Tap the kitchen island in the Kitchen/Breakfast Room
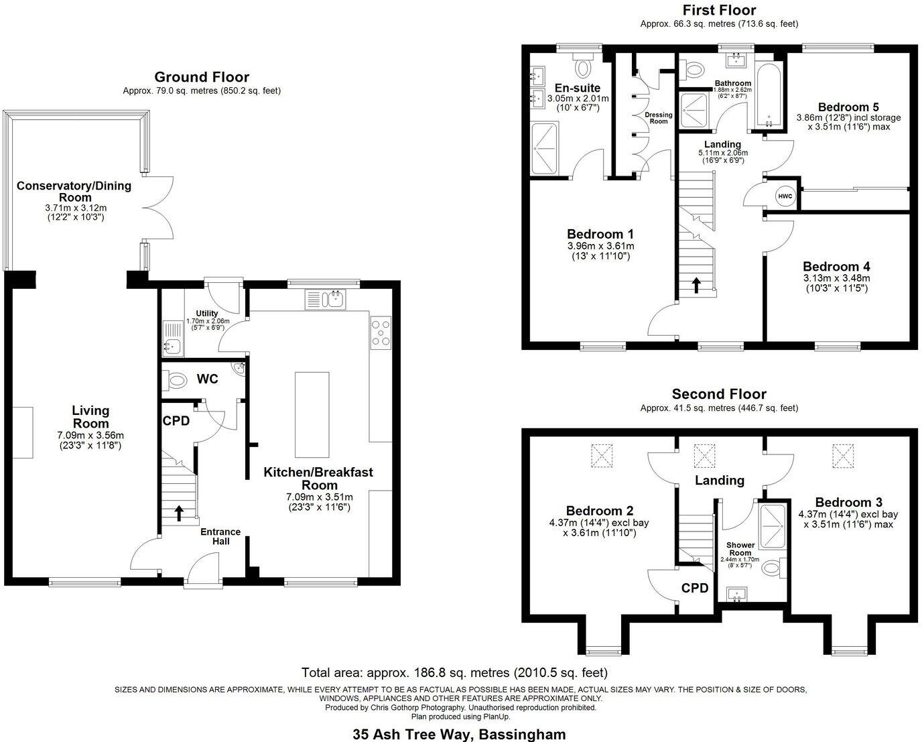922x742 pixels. point(312,414)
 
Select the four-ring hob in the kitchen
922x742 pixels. point(381,332)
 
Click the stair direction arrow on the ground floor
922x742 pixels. point(179,513)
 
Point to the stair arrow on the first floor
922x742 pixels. point(696,285)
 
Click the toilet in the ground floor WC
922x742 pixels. point(176,381)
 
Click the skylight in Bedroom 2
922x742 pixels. point(602,456)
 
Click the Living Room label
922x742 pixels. point(90,417)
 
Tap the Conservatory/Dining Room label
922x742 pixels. point(74,191)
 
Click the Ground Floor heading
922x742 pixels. point(202,77)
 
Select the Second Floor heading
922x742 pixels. point(719,394)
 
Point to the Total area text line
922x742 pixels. point(454,672)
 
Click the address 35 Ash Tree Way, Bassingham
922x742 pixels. point(459,734)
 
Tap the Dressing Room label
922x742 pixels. point(659,118)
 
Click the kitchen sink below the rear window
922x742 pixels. point(326,299)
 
